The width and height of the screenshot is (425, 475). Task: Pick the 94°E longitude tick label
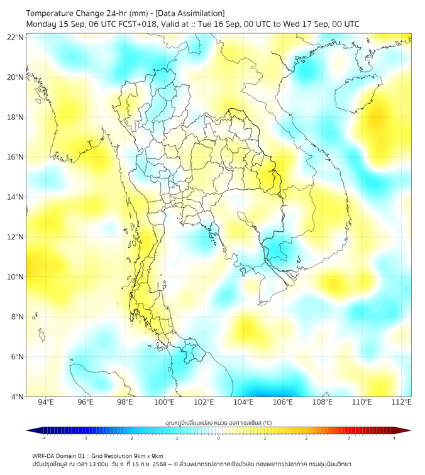46,402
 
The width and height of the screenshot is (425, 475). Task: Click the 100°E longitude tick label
164,402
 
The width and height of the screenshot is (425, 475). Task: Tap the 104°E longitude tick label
243,402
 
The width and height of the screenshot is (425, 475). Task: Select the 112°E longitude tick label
402,402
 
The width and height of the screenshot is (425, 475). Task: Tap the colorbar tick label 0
218,438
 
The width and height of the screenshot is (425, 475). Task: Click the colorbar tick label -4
43,438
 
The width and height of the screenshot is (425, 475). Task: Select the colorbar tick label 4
394,438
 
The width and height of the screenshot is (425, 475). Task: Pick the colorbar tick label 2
306,438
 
